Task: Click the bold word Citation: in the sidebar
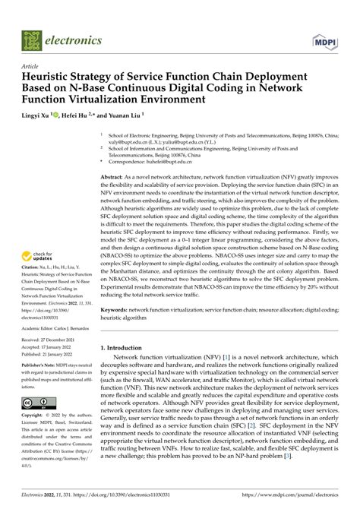[x=33, y=267]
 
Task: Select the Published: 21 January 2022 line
[x=55, y=353]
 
